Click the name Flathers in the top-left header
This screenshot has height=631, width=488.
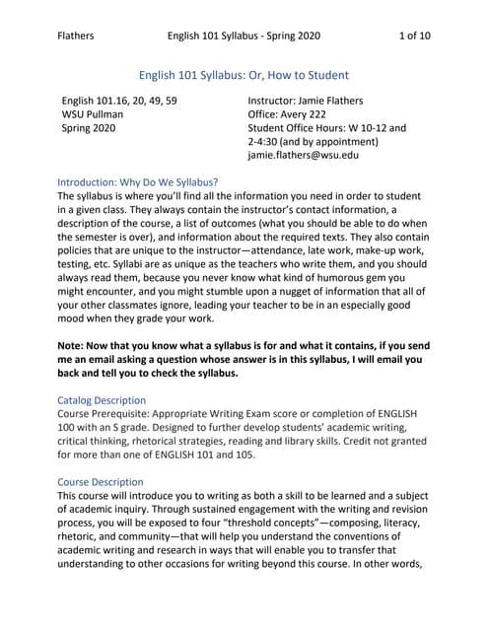tap(77, 36)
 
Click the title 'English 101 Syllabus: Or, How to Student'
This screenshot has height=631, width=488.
tap(244, 74)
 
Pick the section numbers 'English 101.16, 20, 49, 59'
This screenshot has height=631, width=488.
tap(119, 101)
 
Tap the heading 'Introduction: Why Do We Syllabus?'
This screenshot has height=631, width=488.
tap(138, 182)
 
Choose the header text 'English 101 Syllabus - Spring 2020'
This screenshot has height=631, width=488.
tap(244, 36)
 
